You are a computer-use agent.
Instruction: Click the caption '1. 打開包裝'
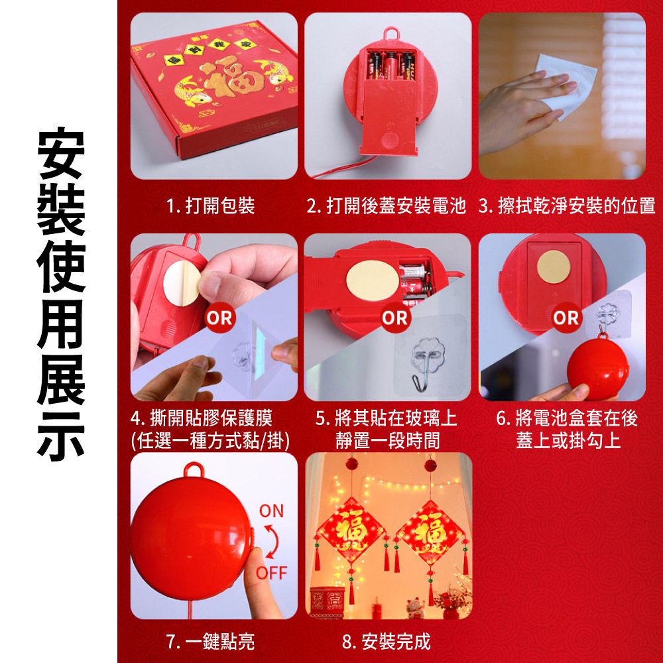[211, 206]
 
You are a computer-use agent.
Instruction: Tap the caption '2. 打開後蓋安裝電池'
[386, 206]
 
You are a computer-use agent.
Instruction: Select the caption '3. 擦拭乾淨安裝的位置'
[567, 206]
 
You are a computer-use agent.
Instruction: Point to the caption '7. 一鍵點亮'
[211, 641]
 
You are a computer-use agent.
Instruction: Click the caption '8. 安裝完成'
[386, 641]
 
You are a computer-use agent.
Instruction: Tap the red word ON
[271, 511]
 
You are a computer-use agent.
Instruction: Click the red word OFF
[271, 573]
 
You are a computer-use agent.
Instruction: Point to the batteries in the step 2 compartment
[390, 66]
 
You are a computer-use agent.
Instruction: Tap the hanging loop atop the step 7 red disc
[194, 469]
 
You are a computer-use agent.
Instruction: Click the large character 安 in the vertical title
[61, 153]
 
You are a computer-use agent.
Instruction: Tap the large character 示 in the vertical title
[61, 436]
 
